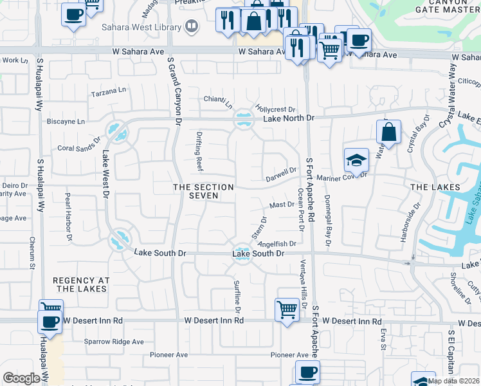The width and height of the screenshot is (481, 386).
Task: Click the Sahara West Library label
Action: pos(141,28)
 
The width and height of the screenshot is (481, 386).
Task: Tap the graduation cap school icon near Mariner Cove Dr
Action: pos(356,159)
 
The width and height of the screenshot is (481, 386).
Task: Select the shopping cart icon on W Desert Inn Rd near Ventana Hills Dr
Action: pos(287,309)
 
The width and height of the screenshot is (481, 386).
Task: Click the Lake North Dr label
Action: pos(287,118)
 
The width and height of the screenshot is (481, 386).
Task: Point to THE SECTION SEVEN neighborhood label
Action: pos(203,191)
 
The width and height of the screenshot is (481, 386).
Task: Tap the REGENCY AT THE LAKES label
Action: pos(81,284)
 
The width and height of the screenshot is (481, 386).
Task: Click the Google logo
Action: pos(21,378)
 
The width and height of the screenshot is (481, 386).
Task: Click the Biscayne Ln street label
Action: pos(66,121)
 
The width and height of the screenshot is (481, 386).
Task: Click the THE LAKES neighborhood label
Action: pos(435,187)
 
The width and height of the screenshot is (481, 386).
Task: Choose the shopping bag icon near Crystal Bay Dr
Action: pos(388,133)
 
